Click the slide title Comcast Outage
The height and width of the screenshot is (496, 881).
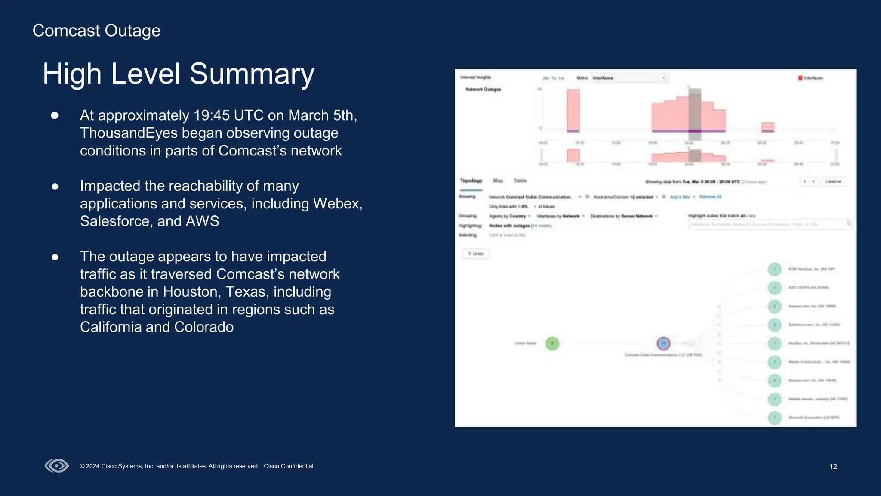click(x=96, y=31)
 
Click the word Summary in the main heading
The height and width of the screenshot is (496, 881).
click(x=252, y=74)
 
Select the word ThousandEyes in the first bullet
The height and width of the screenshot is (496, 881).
click(x=129, y=133)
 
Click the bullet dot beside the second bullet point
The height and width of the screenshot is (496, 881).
click(x=55, y=186)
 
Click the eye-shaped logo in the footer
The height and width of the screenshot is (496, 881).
click(x=57, y=465)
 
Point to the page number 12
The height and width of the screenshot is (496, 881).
click(x=833, y=466)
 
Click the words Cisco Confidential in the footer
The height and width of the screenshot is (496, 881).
click(x=288, y=466)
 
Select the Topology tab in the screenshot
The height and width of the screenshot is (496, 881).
click(x=471, y=181)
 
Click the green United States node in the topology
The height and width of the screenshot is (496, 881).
click(x=552, y=344)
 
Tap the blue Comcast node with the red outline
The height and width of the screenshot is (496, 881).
click(x=664, y=343)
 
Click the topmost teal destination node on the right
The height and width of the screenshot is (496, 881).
click(x=775, y=269)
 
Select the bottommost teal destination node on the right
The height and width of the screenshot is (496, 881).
click(x=775, y=418)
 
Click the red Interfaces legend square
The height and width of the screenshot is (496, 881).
click(x=800, y=78)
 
